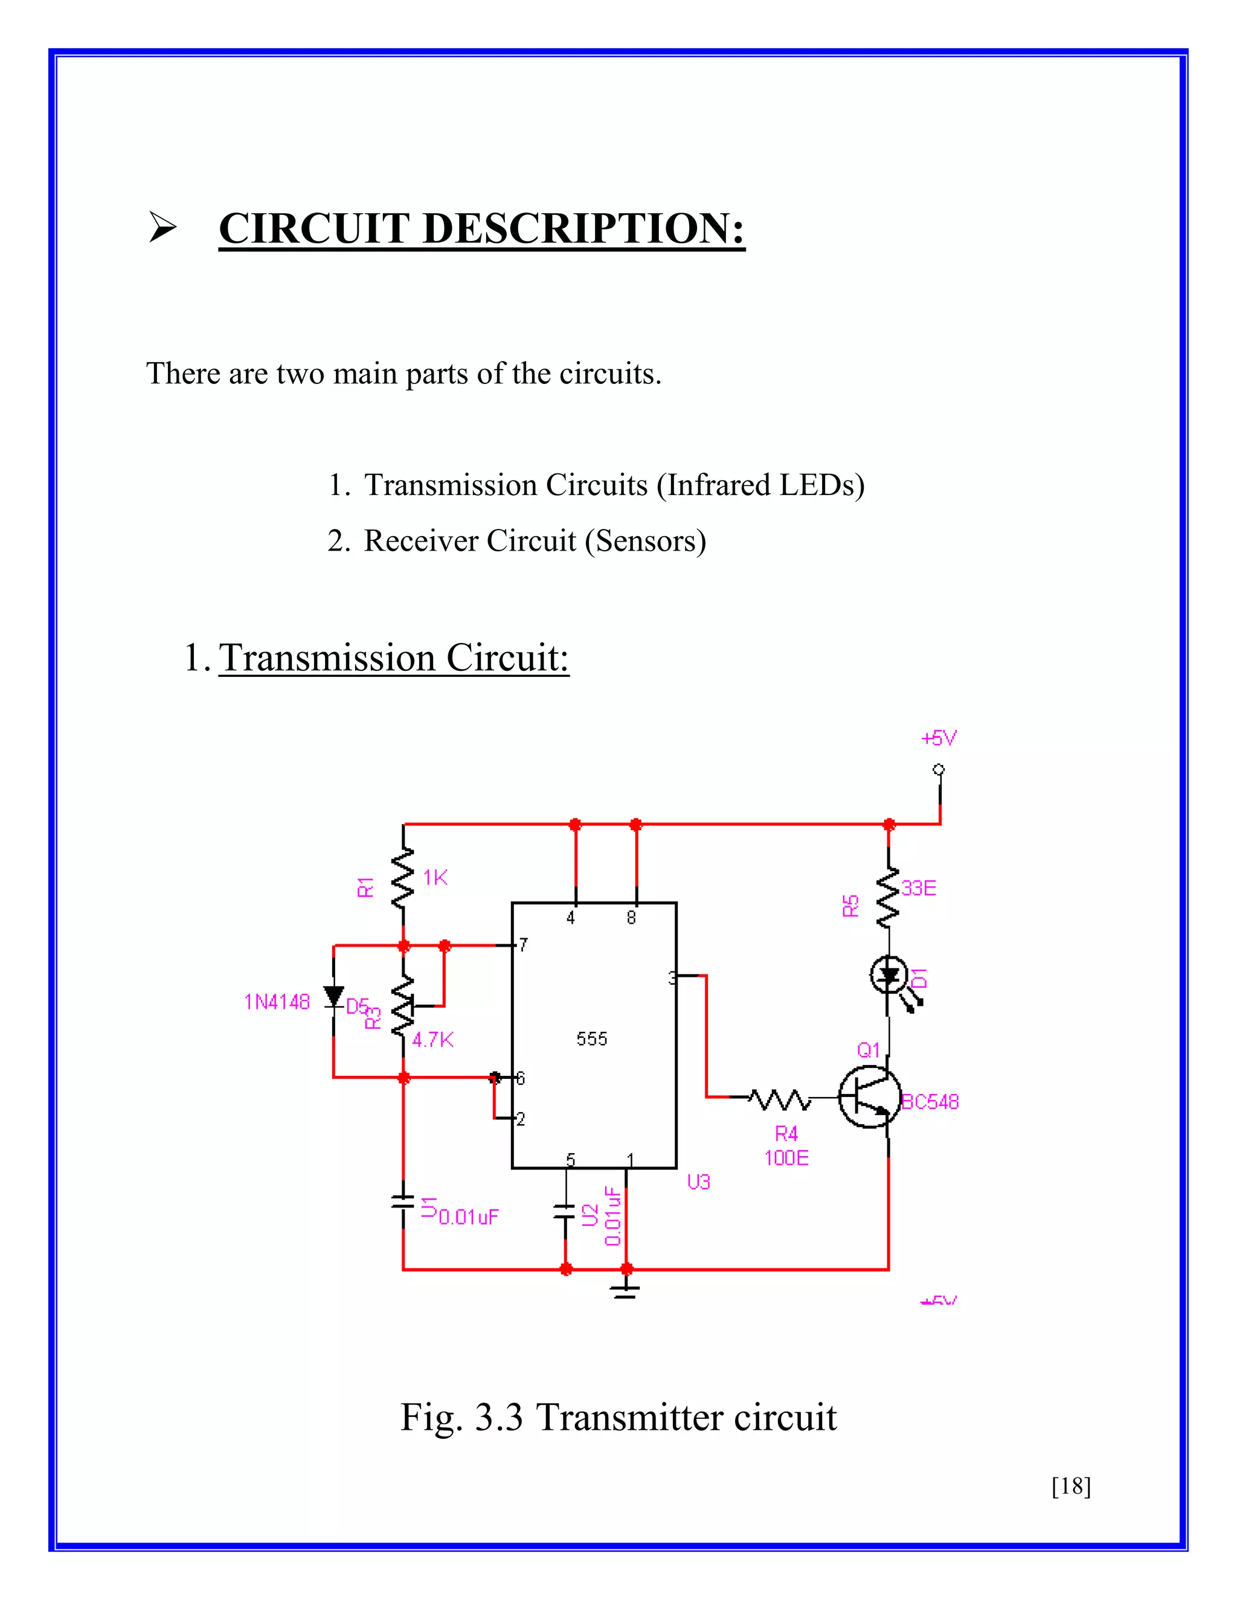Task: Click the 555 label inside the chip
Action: (591, 1039)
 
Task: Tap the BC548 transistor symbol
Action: (870, 1096)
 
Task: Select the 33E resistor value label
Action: (919, 889)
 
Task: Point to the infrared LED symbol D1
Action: (890, 976)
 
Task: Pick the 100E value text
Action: (786, 1158)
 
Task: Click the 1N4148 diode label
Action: (277, 1002)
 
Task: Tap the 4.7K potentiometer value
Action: (432, 1040)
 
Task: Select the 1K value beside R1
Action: (435, 878)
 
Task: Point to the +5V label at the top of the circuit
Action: (939, 738)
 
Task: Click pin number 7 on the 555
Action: (522, 945)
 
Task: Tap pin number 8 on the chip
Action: (631, 918)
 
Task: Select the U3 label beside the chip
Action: (698, 1182)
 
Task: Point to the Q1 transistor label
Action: (869, 1051)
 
